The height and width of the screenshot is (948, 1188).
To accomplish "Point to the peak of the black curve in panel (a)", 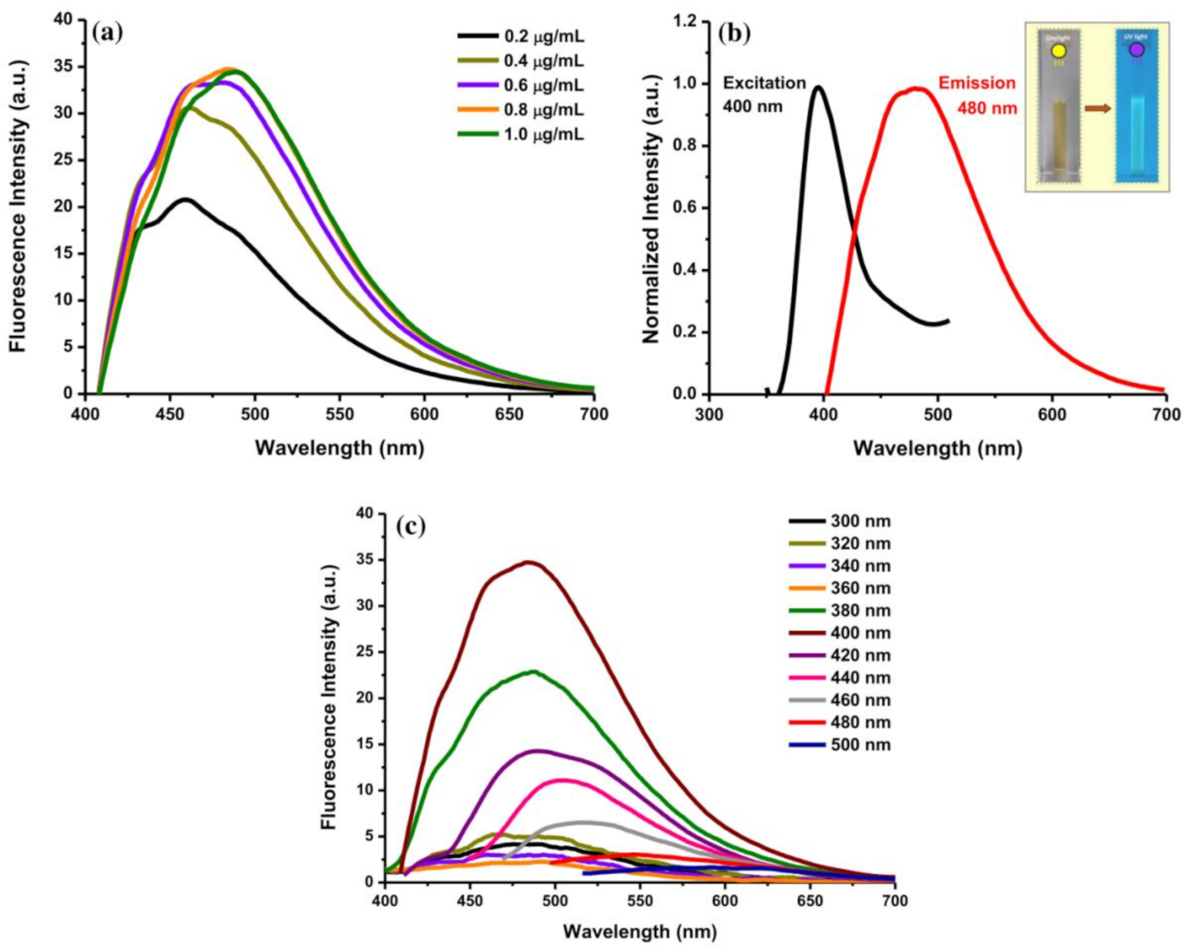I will coord(186,199).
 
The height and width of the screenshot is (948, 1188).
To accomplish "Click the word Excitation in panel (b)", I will coord(764,83).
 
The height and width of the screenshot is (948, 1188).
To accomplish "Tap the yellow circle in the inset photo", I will coord(1059,51).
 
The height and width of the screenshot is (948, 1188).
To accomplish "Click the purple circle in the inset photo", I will coord(1137,50).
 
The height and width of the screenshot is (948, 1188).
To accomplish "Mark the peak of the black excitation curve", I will coord(818,87).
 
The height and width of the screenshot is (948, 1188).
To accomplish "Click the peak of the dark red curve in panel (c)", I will coord(528,562).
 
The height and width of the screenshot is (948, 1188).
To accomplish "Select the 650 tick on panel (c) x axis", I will coord(809,901).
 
